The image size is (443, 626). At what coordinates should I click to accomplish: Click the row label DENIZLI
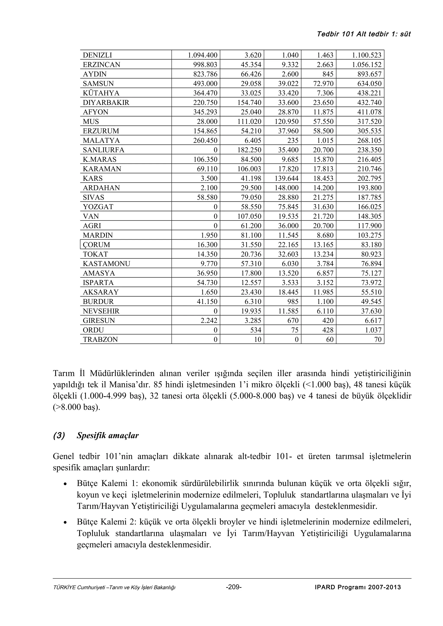click(x=97, y=55)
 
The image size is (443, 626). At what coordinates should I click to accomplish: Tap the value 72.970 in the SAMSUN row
click(x=323, y=83)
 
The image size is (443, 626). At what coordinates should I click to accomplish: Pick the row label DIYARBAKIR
click(x=106, y=103)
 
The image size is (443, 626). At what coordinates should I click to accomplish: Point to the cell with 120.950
click(x=286, y=121)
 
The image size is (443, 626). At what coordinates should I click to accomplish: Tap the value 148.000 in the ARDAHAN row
click(x=286, y=188)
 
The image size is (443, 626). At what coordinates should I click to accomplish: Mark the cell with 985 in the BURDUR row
click(x=293, y=302)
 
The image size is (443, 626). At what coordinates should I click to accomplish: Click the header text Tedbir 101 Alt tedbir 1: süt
click(x=364, y=34)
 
